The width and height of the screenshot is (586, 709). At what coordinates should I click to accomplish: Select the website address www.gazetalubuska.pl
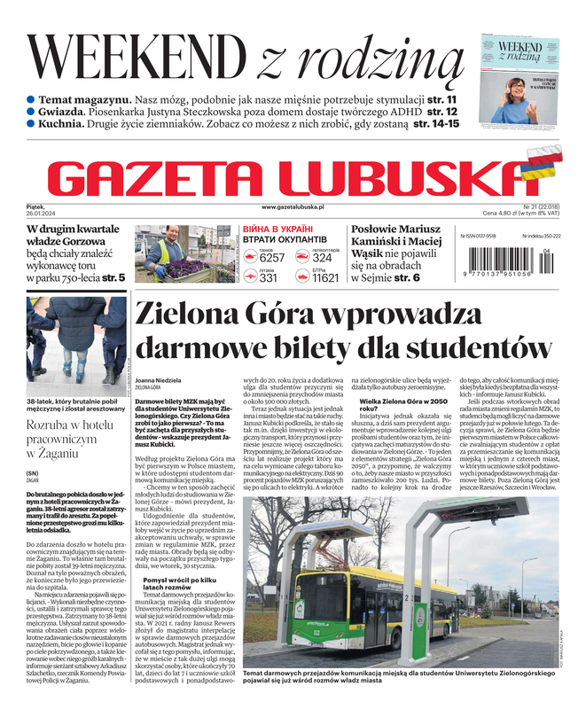(293, 206)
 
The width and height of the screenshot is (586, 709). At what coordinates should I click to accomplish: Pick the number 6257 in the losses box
(272, 258)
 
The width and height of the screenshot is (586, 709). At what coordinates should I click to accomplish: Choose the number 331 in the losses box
(269, 277)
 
